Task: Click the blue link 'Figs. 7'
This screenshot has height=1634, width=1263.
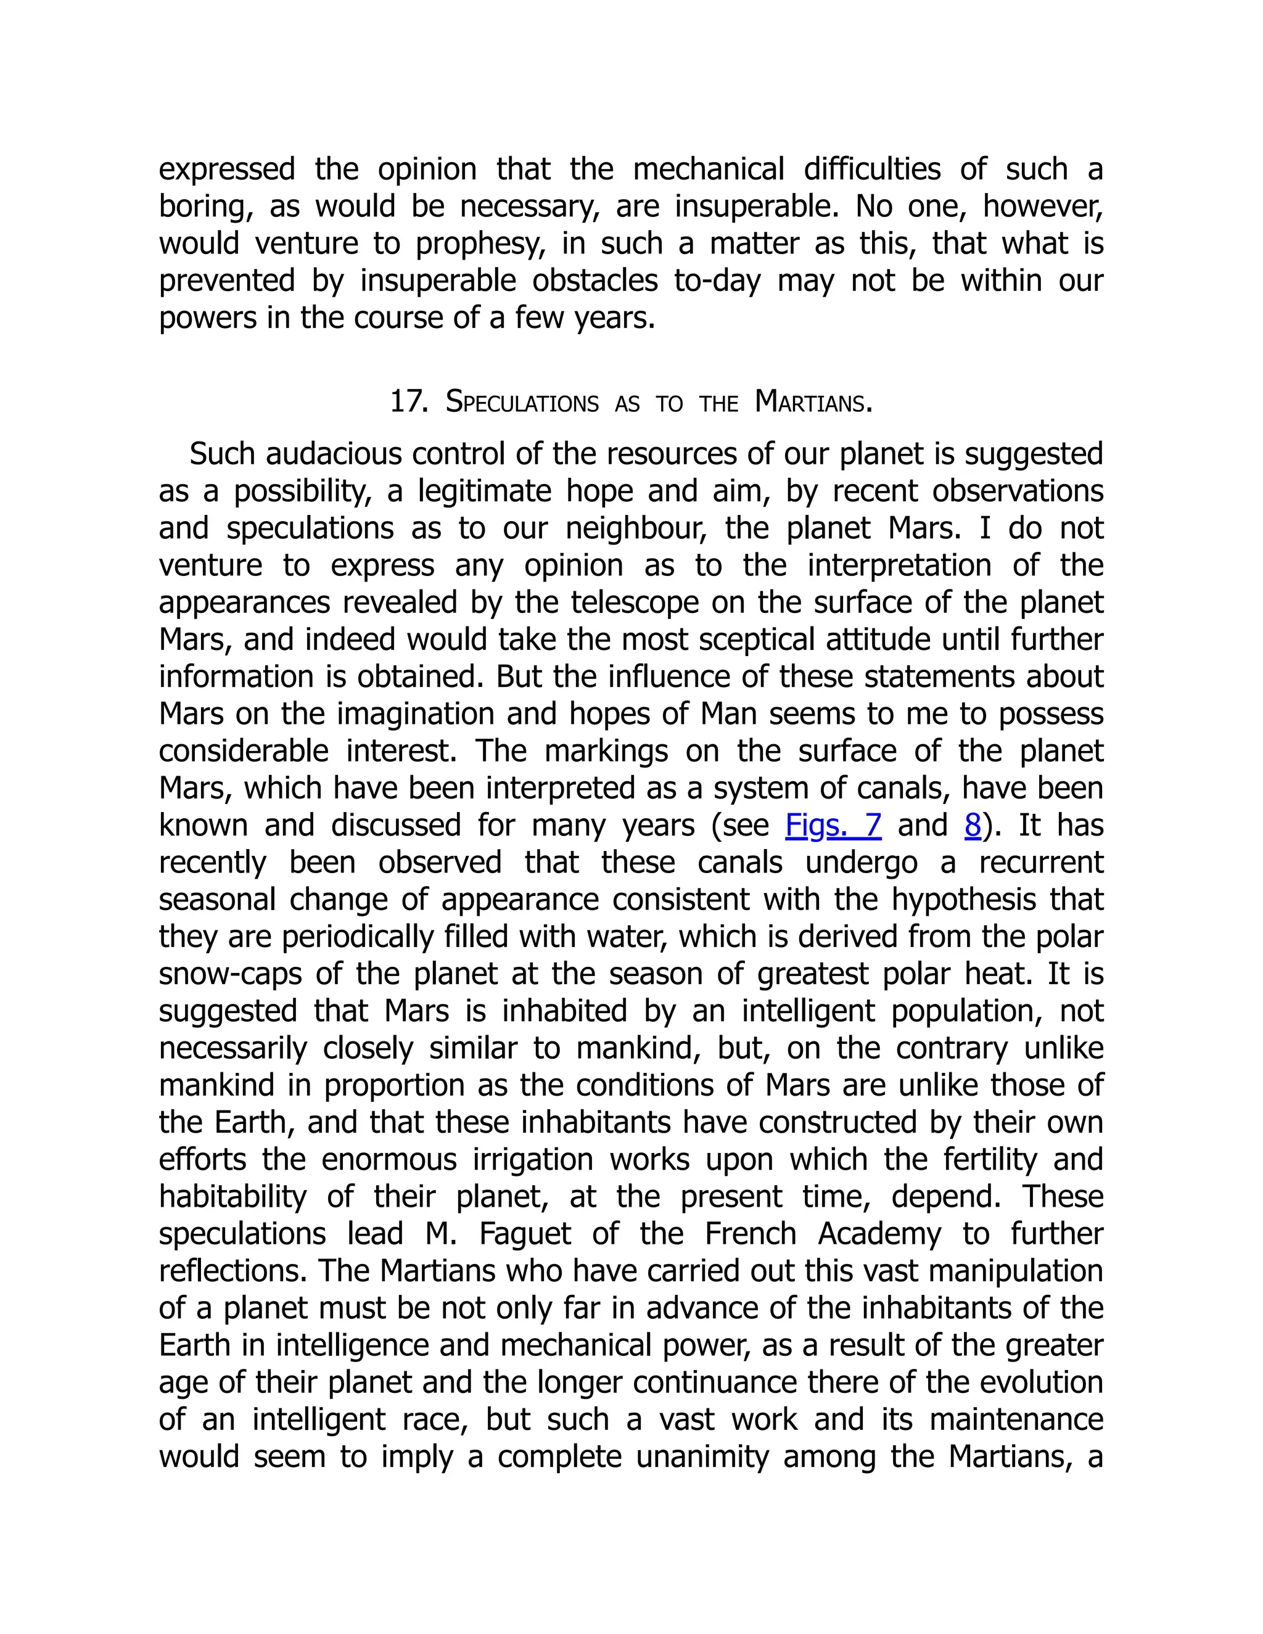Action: click(833, 825)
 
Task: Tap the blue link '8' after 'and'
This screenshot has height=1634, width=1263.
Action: click(972, 825)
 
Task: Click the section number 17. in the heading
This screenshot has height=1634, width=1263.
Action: click(408, 403)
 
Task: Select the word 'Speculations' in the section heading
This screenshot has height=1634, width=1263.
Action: click(522, 403)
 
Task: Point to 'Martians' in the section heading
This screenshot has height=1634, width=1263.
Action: click(813, 403)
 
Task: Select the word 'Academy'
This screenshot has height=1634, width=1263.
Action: click(879, 1234)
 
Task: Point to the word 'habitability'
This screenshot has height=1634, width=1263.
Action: click(232, 1197)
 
